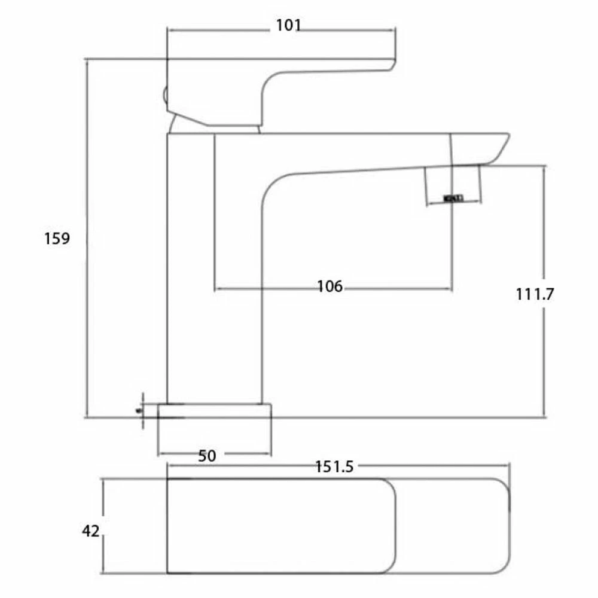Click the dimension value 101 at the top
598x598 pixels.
pos(288,25)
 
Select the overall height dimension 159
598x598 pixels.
pos(57,239)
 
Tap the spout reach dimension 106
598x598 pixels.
pos(330,286)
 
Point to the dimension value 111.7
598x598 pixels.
pos(536,294)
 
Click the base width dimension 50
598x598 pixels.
pos(207,456)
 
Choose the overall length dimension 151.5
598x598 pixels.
pos(334,467)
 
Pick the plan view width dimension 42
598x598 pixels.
pos(91,530)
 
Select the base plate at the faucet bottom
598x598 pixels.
pos(214,411)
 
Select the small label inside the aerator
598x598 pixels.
pos(453,198)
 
